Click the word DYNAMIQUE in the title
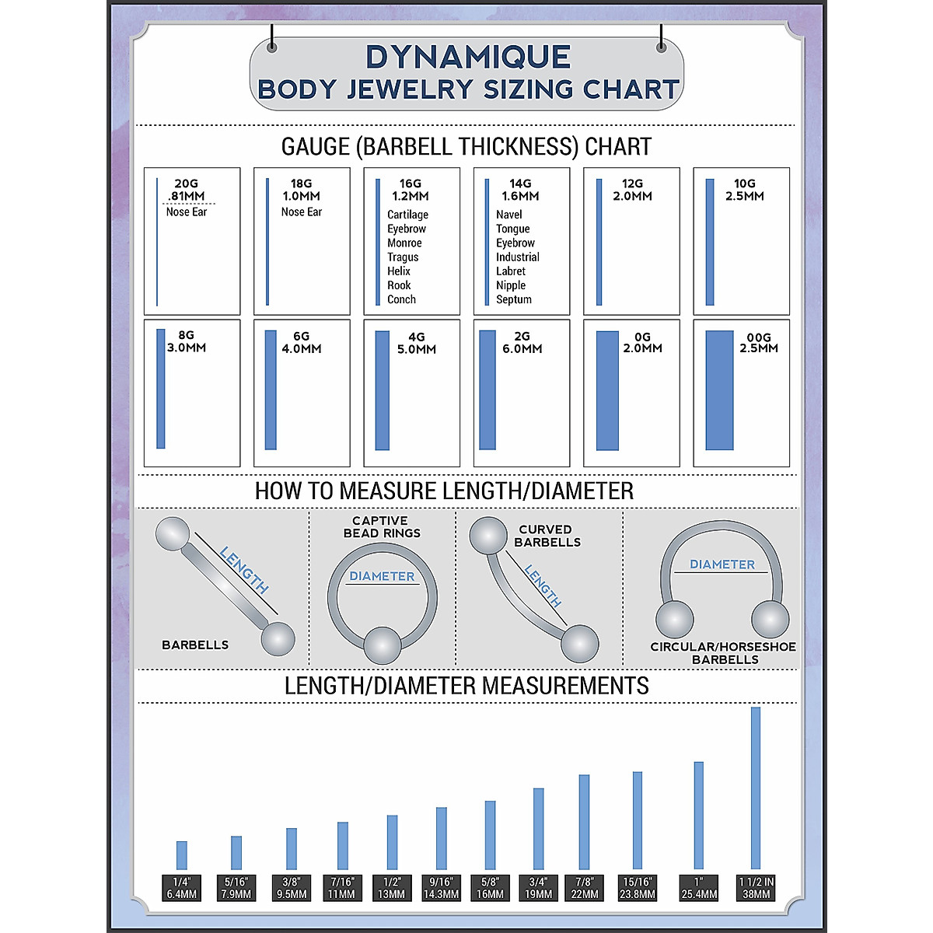(x=468, y=58)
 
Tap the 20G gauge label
(x=186, y=184)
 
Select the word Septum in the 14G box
(x=514, y=299)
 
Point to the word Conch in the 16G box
(x=401, y=299)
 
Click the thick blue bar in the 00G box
(x=719, y=390)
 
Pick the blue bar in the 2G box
(x=487, y=390)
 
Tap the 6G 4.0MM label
(x=302, y=343)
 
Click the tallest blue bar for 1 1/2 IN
(x=755, y=787)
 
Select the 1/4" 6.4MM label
(x=182, y=888)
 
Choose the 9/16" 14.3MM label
(x=441, y=888)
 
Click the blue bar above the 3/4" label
(x=538, y=828)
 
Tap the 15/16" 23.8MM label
(x=638, y=888)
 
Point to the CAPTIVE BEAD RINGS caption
(x=381, y=527)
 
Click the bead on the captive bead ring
(x=383, y=645)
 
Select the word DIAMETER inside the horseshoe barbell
(x=722, y=564)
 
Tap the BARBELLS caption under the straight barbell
(x=195, y=645)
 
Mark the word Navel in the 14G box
(x=509, y=215)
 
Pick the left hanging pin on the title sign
(x=272, y=47)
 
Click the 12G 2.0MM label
(x=632, y=190)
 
